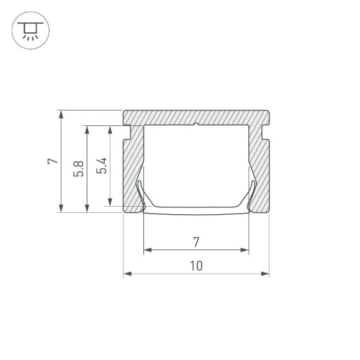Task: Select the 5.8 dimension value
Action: pos(78,168)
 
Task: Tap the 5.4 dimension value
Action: pos(102,166)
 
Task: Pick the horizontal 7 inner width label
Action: pos(196,241)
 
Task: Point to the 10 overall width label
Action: pos(196,266)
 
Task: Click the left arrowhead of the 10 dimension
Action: pos(126,272)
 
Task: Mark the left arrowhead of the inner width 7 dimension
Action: pos(147,250)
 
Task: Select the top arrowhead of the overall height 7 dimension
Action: pos(61,114)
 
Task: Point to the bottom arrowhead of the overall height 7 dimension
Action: pos(61,209)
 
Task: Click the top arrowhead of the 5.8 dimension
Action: pos(87,129)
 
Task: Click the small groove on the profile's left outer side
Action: pos(127,132)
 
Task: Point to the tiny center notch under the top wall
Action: pos(196,125)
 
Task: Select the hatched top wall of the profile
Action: pos(196,117)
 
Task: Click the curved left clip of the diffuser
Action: pos(140,192)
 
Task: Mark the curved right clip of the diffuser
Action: pos(252,192)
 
